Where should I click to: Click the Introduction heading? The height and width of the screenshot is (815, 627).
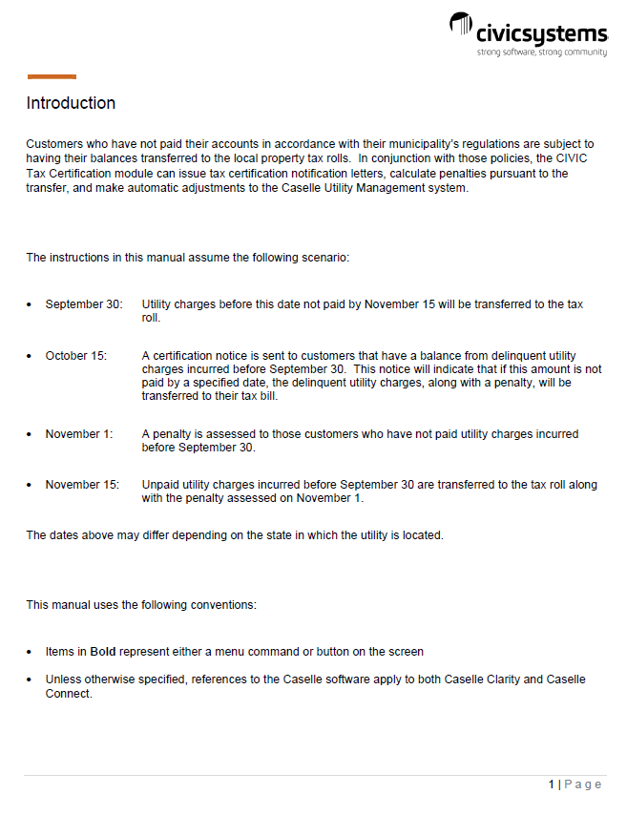71,103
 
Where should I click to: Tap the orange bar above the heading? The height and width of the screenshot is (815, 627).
52,77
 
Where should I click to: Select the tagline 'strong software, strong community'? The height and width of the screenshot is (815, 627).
541,52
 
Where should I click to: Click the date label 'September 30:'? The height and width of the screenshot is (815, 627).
84,304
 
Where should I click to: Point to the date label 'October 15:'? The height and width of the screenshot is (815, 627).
76,356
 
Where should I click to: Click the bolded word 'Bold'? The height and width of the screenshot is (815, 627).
103,652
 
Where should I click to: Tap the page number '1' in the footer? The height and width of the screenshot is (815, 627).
552,784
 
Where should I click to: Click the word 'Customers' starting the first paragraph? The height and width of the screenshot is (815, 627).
53,143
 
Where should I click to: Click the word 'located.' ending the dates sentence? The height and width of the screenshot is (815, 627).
422,535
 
